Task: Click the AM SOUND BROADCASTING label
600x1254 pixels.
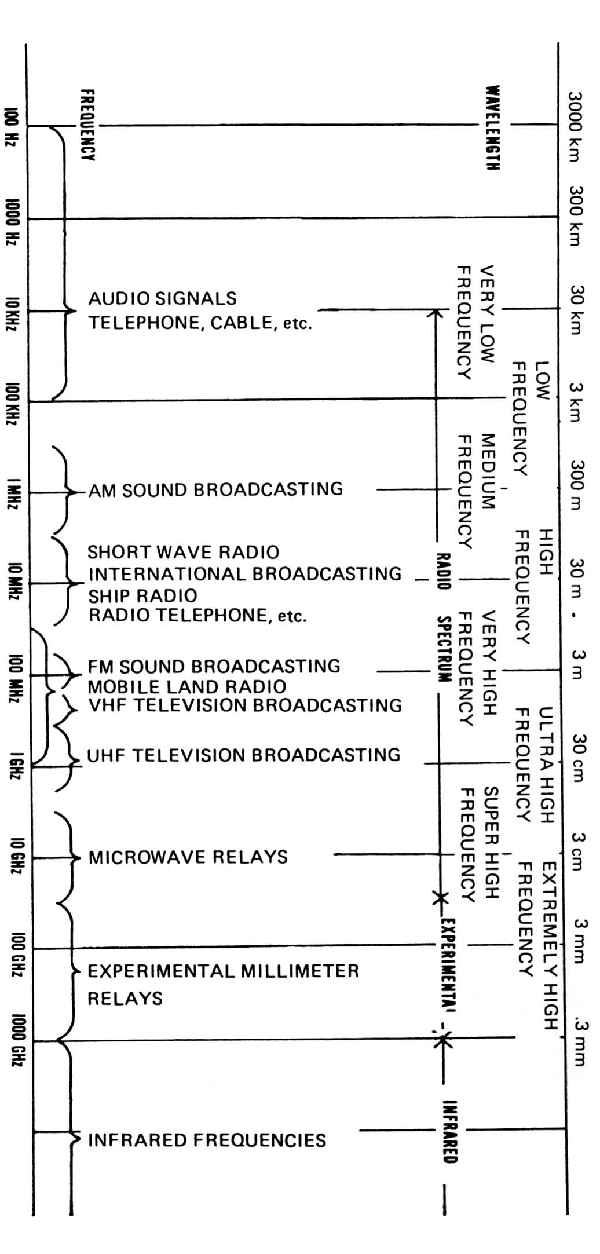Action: coord(215,489)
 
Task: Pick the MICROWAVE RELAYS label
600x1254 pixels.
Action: coord(188,857)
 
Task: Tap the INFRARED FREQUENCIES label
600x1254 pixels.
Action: coord(207,1140)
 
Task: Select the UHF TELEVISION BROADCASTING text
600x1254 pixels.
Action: coord(244,755)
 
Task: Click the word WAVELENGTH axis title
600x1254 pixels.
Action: coord(493,128)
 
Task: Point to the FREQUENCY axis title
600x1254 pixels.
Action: coord(88,125)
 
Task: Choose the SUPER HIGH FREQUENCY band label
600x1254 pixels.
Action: coord(479,844)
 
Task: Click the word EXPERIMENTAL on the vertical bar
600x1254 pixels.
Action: coord(447,965)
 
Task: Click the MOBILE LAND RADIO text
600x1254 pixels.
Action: coord(186,686)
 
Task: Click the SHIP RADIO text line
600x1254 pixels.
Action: coord(142,595)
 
